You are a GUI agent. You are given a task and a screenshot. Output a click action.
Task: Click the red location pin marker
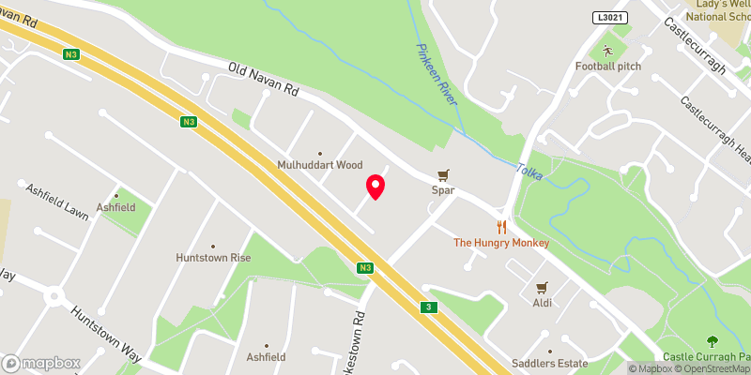pyautogui.click(x=375, y=186)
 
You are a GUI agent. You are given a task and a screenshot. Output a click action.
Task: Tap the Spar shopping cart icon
pyautogui.click(x=443, y=174)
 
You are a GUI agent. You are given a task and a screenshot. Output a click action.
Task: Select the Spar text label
pyautogui.click(x=443, y=190)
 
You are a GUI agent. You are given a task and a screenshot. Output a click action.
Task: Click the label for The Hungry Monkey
pyautogui.click(x=501, y=243)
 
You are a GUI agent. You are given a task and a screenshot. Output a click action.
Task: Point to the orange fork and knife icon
pyautogui.click(x=501, y=226)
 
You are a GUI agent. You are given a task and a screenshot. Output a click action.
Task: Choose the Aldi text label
pyautogui.click(x=541, y=303)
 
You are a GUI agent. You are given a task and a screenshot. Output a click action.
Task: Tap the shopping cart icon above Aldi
pyautogui.click(x=541, y=287)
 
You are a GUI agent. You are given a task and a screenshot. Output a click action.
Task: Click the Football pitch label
pyautogui.click(x=607, y=67)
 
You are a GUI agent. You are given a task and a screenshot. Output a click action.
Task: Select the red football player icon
pyautogui.click(x=607, y=50)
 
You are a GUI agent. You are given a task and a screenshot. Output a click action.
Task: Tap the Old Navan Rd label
pyautogui.click(x=264, y=82)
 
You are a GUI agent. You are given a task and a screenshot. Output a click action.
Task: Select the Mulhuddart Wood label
pyautogui.click(x=319, y=165)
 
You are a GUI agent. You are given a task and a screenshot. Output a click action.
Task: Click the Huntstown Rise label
pyautogui.click(x=213, y=257)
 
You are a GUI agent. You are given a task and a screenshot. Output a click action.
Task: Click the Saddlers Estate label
pyautogui.click(x=549, y=364)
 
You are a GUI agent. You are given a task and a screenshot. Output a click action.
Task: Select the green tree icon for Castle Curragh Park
pyautogui.click(x=712, y=341)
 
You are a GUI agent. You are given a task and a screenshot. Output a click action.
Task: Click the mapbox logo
pyautogui.click(x=40, y=363)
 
